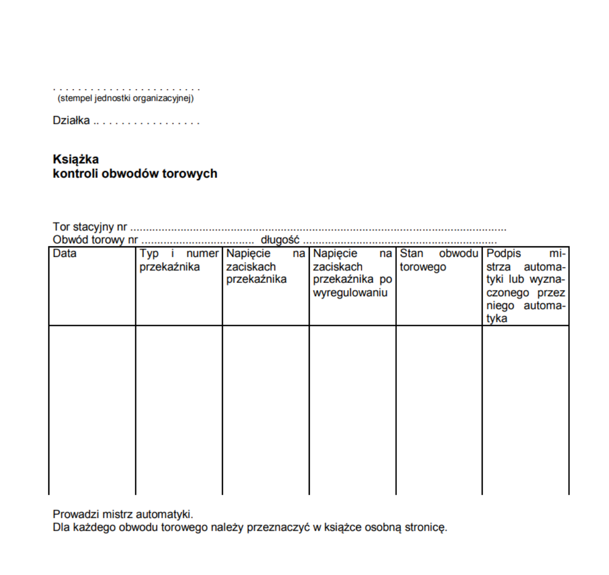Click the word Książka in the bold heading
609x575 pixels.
[75, 159]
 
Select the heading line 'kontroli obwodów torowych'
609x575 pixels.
[135, 174]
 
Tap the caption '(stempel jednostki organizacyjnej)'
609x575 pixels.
[126, 98]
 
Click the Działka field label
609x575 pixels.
[71, 121]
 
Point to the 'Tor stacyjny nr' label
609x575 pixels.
[90, 227]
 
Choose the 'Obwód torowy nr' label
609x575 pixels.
[95, 240]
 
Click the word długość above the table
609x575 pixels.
[280, 240]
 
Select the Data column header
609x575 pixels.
[65, 253]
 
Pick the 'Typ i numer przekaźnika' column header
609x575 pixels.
[179, 260]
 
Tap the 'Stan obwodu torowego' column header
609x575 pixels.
[439, 260]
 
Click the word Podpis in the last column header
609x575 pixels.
[504, 253]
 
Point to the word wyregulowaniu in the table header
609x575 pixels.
[350, 293]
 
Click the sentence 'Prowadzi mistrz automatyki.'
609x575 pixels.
[123, 514]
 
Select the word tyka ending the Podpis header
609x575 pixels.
[497, 319]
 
